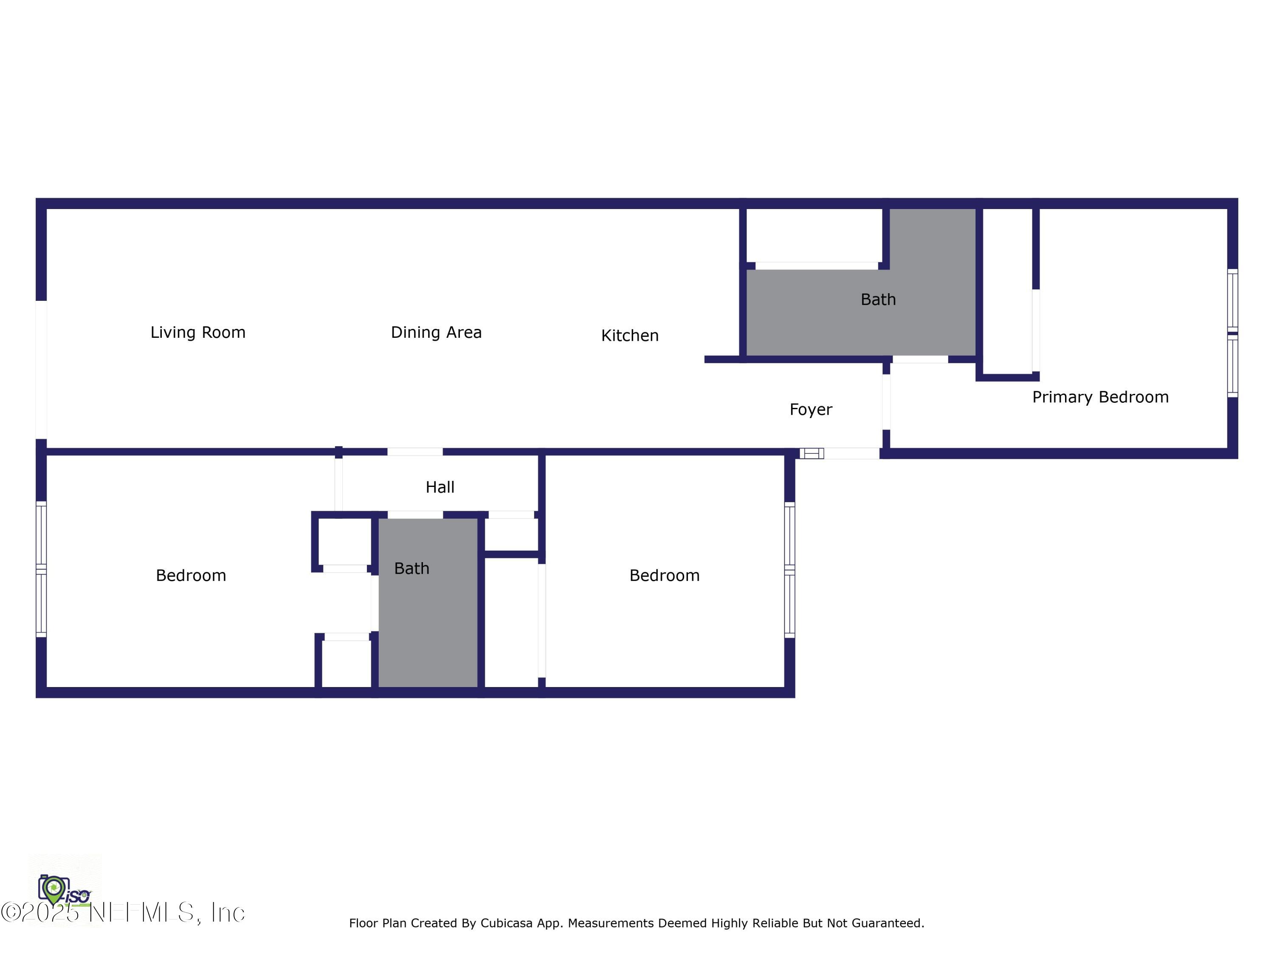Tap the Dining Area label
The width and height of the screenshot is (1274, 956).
tap(436, 333)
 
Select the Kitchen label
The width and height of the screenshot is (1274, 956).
tap(629, 335)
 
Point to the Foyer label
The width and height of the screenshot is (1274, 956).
tap(810, 410)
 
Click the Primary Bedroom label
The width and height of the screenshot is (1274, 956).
tap(1100, 397)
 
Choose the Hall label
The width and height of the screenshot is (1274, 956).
tap(440, 487)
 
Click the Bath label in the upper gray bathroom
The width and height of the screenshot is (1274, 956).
tap(878, 300)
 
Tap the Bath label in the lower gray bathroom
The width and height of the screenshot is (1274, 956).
tap(411, 569)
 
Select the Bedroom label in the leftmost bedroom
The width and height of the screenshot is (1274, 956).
tap(191, 576)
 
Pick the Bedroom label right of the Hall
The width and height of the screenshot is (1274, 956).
tap(664, 576)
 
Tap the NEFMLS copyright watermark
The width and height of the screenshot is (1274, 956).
tap(123, 912)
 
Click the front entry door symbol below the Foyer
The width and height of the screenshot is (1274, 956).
tap(812, 453)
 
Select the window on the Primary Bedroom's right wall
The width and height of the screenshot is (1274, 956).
tap(1232, 333)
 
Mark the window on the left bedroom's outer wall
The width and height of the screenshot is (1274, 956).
tap(41, 569)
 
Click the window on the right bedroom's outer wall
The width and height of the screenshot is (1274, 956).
tap(789, 570)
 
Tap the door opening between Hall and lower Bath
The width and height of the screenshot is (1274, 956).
tap(414, 515)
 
